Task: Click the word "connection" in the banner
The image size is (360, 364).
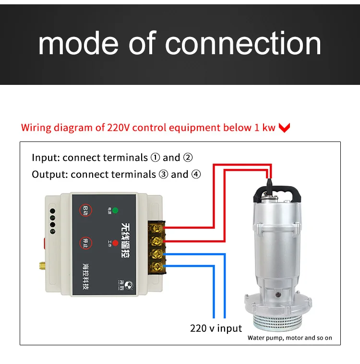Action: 243,44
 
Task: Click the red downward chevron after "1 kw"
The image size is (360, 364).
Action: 285,128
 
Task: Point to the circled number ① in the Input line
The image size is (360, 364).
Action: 155,158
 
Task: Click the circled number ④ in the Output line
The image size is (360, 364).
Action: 196,174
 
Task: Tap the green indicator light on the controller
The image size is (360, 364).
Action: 115,210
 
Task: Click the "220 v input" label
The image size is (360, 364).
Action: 216,329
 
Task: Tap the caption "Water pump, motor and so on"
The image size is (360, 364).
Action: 289,338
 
